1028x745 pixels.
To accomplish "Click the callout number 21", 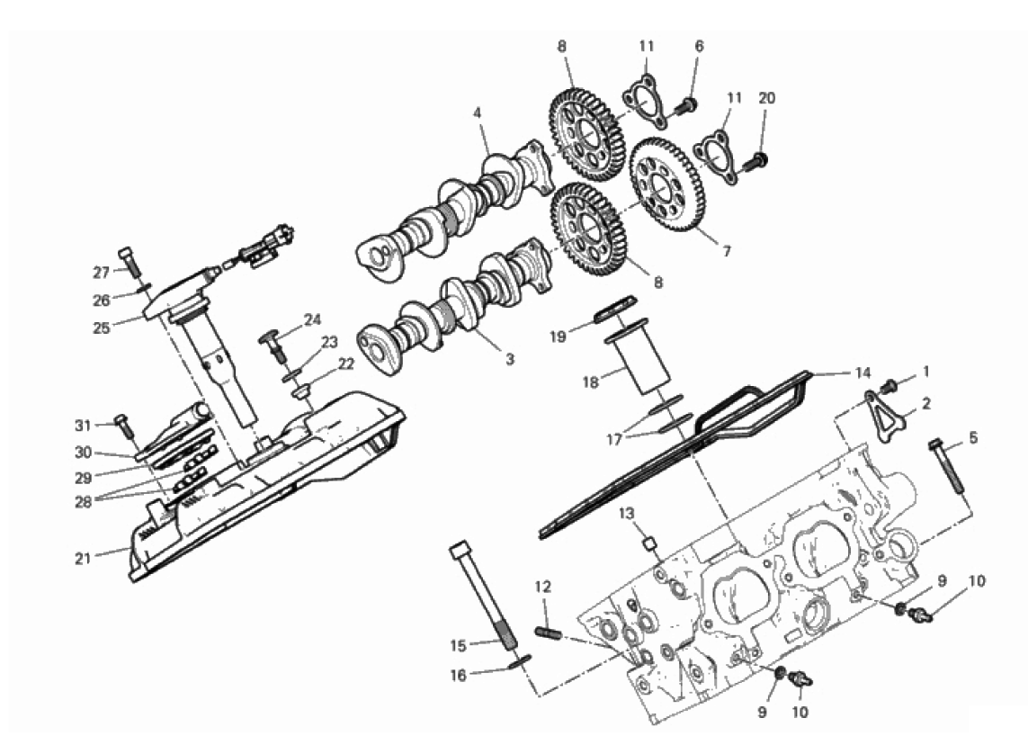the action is (x=82, y=560).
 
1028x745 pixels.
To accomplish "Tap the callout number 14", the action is (x=863, y=373).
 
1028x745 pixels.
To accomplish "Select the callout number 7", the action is (x=727, y=251).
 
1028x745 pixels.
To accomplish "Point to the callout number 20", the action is (x=766, y=98).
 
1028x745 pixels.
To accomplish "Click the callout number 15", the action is (x=459, y=646).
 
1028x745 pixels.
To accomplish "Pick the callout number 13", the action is (x=627, y=514).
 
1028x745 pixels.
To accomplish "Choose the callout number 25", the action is (x=101, y=328).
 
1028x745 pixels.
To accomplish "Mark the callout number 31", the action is (x=82, y=426).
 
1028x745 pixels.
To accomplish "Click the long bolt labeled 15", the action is (x=484, y=596).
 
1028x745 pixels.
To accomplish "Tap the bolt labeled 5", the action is (x=947, y=467).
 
